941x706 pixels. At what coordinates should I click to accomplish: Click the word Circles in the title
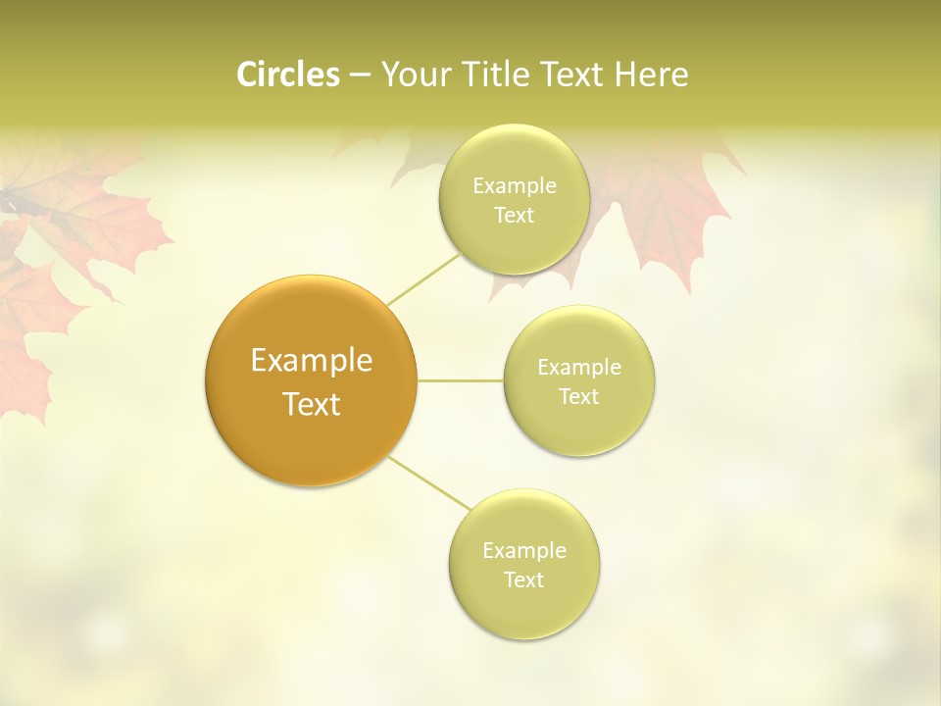coord(287,75)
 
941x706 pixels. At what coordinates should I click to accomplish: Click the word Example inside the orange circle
coord(311,361)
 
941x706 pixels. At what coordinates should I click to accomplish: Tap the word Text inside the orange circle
coord(311,404)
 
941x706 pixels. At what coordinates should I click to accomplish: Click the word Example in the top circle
coord(514,186)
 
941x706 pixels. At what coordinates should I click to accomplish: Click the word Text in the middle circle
coord(579,397)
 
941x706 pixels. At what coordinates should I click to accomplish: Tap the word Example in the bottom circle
coord(524,551)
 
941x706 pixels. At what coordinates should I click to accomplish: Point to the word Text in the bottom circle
coord(524,580)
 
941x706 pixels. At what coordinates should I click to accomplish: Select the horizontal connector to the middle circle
coord(461,380)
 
